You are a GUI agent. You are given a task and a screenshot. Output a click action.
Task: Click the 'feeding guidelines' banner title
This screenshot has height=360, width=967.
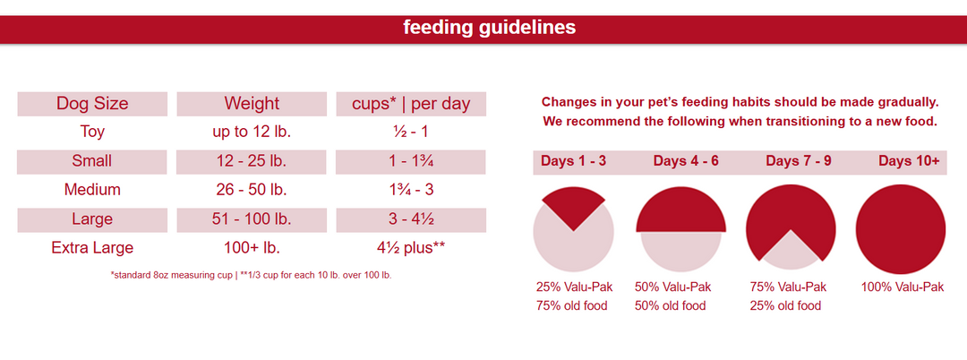point(489,28)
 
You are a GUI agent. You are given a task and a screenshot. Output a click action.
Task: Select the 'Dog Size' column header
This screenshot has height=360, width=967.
point(92,104)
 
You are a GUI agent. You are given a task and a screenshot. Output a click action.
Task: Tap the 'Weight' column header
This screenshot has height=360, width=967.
point(252,104)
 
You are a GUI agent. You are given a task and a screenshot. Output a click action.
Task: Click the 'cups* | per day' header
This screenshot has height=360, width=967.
point(411,104)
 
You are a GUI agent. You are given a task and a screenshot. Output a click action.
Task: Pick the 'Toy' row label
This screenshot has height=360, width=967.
point(92,132)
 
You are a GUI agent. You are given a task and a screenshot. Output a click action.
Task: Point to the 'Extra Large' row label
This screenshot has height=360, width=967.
point(92,247)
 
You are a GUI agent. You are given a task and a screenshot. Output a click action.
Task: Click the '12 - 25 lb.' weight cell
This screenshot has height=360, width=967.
point(252,161)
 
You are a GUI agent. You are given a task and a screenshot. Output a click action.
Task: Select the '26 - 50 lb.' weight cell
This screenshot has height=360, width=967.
point(252,190)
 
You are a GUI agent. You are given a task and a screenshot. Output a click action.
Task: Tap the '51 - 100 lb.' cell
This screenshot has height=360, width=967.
point(252,219)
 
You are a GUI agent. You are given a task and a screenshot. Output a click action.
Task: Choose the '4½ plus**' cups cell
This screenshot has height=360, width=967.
point(411,247)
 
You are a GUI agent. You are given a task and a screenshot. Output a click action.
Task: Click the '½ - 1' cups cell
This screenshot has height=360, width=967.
point(411,132)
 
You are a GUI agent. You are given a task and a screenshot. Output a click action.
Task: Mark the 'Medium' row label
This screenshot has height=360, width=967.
point(92,190)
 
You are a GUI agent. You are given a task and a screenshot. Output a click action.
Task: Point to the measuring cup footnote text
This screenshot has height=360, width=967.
point(251,275)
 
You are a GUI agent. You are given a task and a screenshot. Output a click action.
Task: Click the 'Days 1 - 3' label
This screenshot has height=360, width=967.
point(573,161)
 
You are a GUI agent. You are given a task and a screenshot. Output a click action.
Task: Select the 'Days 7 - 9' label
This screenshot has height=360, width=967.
point(798,161)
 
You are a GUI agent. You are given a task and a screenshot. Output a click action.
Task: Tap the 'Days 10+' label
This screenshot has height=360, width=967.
point(909,161)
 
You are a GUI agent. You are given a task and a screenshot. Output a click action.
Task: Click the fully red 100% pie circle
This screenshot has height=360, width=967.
point(901,228)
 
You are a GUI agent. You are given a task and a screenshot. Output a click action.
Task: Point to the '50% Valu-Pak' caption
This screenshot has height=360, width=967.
point(672,287)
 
